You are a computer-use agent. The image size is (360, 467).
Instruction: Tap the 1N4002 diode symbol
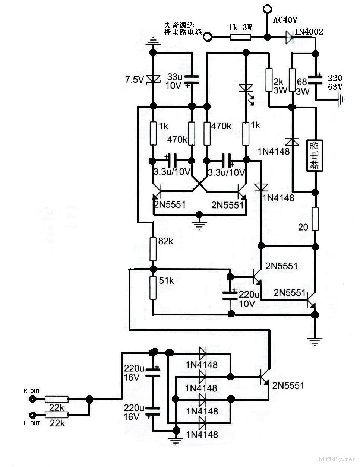pos(290,36)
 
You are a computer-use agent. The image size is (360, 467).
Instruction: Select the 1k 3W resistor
pos(240,37)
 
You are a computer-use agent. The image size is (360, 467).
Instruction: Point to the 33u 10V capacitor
pos(192,79)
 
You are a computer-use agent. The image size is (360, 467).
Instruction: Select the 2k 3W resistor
pos(269,80)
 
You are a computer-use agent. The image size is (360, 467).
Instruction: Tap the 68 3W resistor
pos(292,80)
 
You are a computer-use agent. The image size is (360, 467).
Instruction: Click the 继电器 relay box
pos(315,156)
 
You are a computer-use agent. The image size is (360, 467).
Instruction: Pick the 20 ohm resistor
pos(315,219)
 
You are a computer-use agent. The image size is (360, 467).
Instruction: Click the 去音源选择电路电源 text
pos(183,29)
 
